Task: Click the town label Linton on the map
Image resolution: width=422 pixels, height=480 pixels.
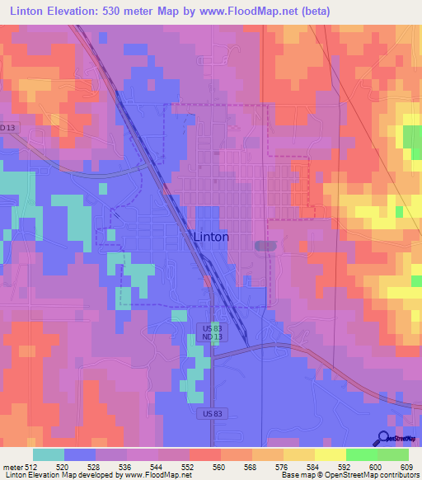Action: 210,237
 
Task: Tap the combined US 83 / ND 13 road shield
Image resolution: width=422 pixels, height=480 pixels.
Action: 211,332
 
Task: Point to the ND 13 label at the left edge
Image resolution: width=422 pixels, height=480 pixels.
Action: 8,127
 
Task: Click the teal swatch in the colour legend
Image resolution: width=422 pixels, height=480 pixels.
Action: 49,454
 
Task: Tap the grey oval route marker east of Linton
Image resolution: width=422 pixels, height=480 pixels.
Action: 261,246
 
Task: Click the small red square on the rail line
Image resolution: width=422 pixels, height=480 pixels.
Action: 207,280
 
